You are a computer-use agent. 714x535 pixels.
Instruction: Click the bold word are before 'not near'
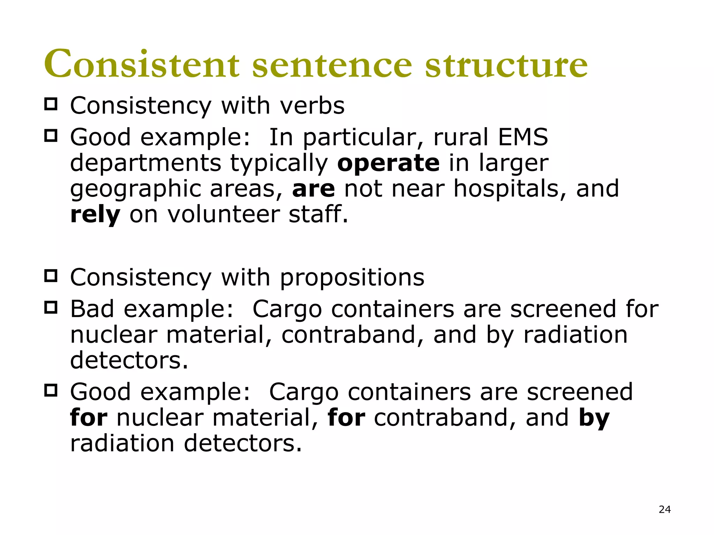coord(313,189)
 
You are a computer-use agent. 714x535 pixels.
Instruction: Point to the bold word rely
coord(95,215)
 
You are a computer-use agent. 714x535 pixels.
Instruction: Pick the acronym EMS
coord(523,137)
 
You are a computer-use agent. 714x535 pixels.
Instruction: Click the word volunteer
coord(223,215)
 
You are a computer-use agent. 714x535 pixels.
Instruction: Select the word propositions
coord(352,278)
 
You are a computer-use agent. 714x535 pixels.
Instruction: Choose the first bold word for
coord(89,418)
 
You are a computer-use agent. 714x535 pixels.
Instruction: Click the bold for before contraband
coord(346,418)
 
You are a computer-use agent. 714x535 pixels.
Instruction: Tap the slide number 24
coord(664,510)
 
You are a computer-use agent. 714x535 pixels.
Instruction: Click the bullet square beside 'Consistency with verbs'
coord(51,104)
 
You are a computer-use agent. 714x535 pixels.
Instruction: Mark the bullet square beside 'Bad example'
coord(51,308)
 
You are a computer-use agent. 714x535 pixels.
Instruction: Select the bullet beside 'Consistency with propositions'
coord(51,276)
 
